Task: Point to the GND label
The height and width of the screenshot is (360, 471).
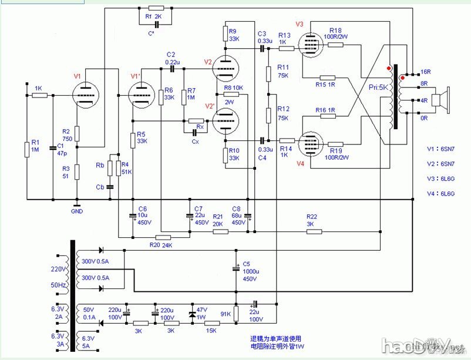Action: click(x=77, y=210)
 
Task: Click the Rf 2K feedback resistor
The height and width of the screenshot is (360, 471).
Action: click(x=157, y=8)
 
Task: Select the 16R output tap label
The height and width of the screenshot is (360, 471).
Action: click(x=426, y=72)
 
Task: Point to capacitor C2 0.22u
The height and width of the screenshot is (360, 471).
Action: click(x=172, y=69)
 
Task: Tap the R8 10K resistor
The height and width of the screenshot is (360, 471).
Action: click(x=228, y=95)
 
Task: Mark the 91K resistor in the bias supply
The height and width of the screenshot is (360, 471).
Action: click(x=235, y=314)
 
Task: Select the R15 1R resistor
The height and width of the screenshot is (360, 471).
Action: click(x=327, y=77)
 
